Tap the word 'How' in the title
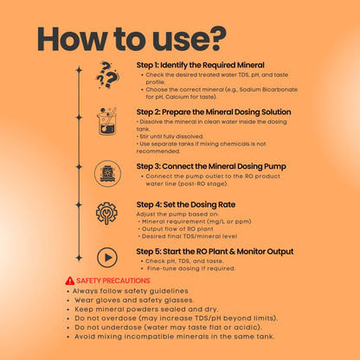[x=72, y=39]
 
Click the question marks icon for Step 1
[x=106, y=74]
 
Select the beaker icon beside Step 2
[x=106, y=121]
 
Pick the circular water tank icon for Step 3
[x=107, y=174]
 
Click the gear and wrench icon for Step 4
[x=106, y=213]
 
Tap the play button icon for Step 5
[x=107, y=257]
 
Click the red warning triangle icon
[x=70, y=280]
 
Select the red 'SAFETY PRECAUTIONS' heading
[x=113, y=280]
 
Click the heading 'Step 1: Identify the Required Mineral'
[x=200, y=65]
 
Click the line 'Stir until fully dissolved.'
[x=170, y=137]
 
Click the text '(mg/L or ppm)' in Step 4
[x=229, y=222]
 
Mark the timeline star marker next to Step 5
[x=79, y=258]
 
